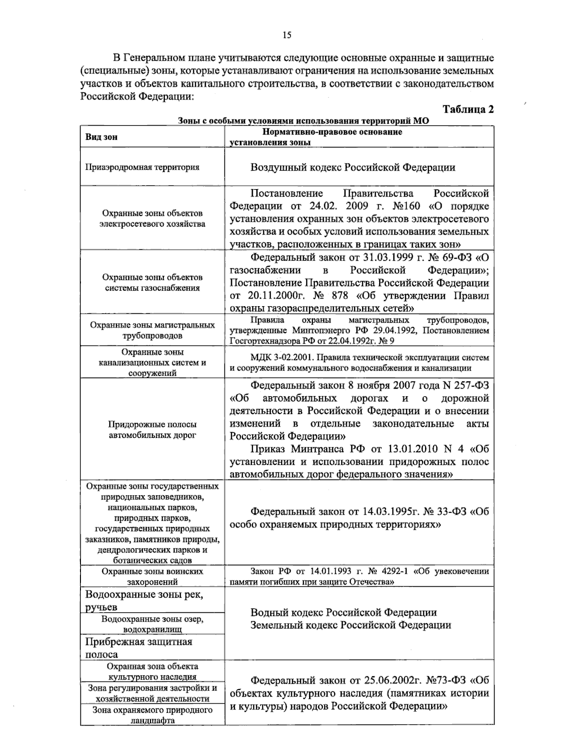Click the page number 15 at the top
point(287,35)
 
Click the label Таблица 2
point(468,109)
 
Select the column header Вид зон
point(101,137)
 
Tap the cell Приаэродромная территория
point(142,167)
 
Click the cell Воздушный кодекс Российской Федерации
point(353,167)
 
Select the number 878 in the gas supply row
point(339,296)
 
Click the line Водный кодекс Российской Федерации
point(343,612)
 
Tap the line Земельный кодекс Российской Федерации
point(350,625)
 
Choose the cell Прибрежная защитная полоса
point(139,648)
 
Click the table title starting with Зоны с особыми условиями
point(303,121)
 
